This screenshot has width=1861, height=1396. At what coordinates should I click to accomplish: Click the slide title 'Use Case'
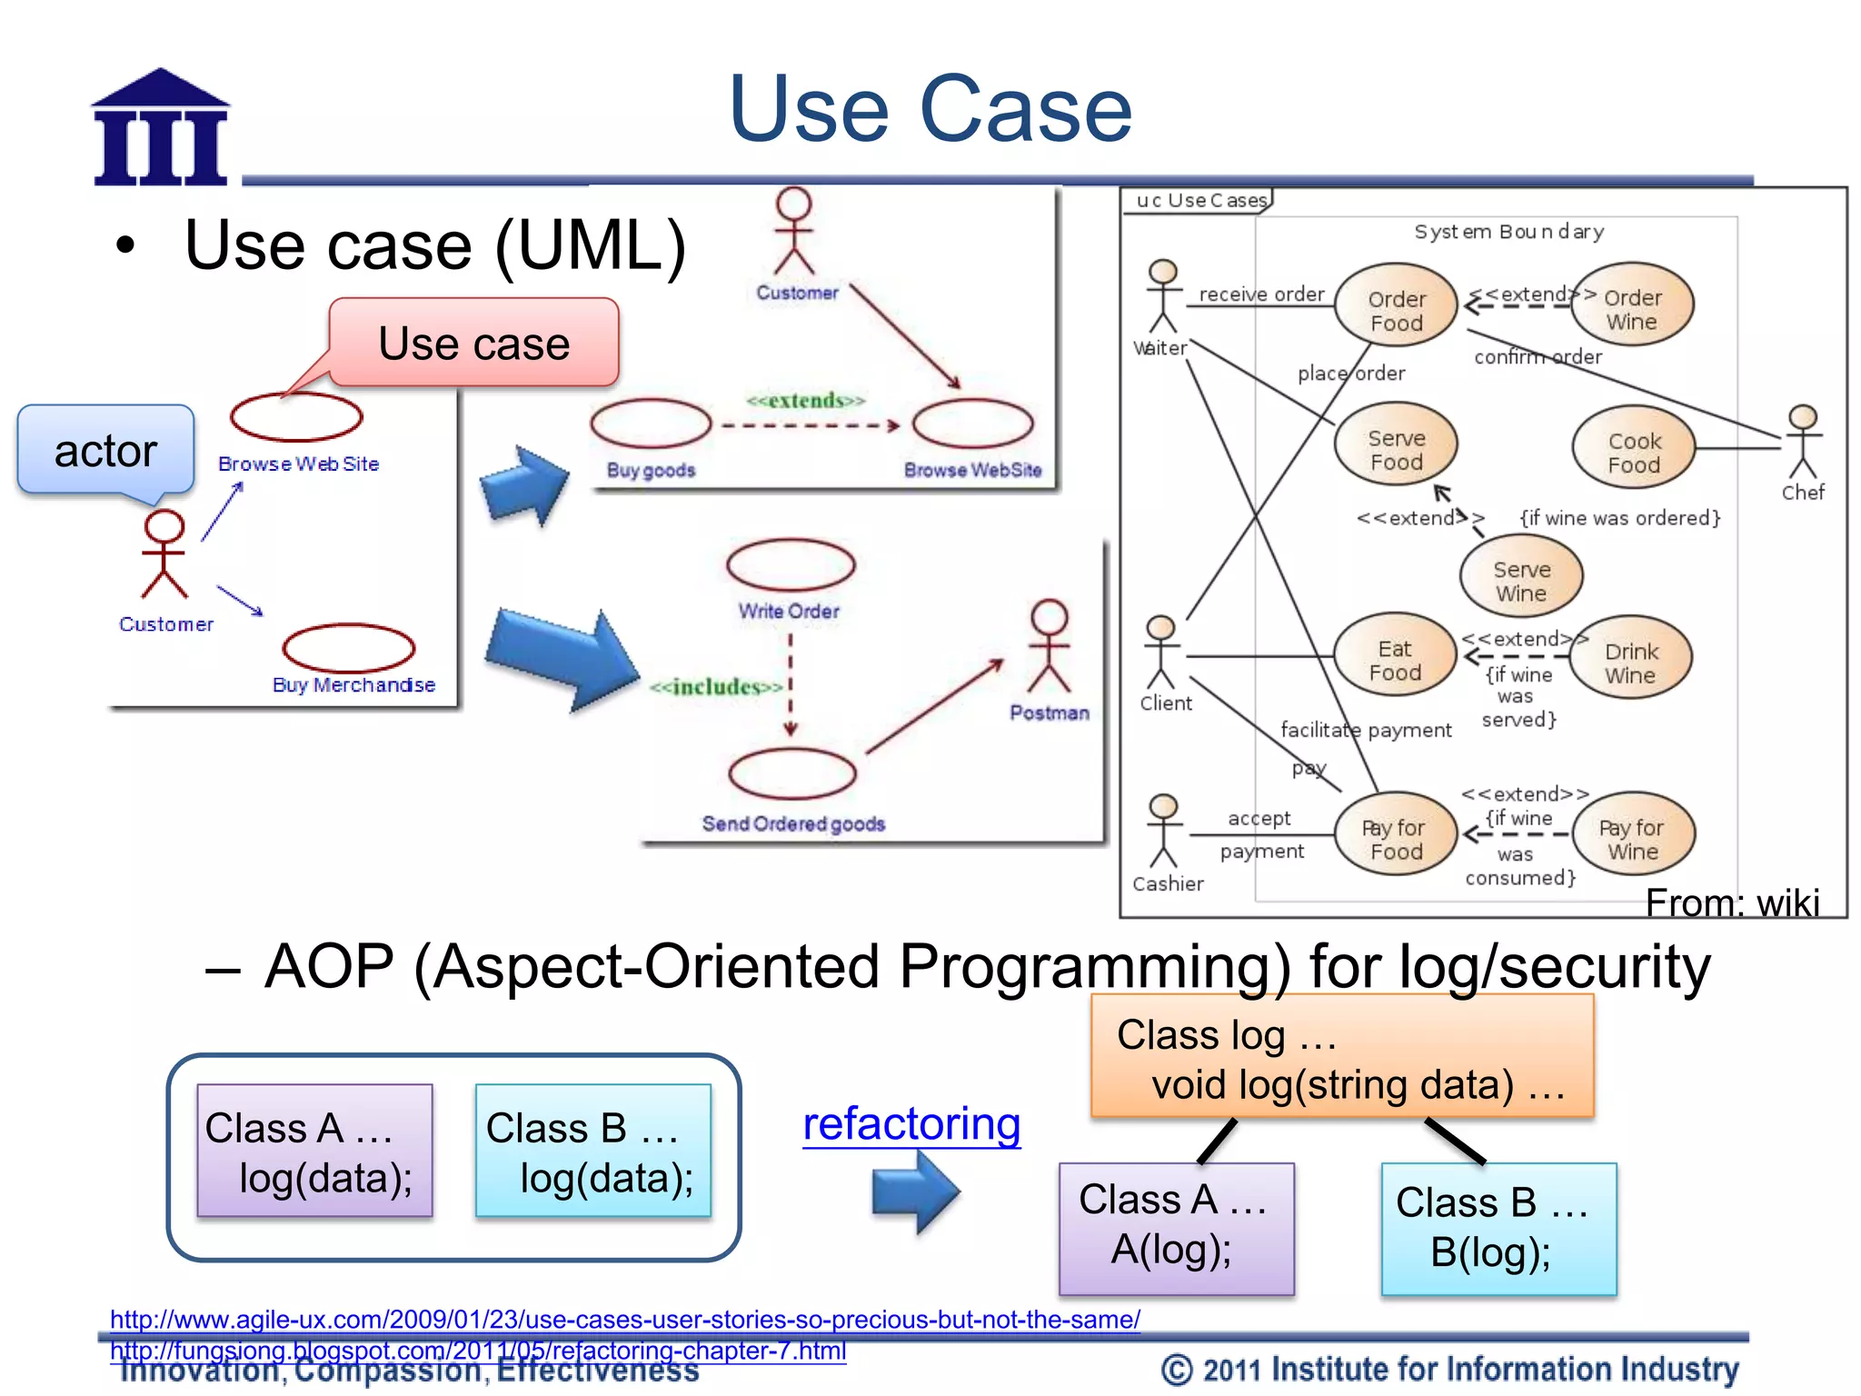(930, 109)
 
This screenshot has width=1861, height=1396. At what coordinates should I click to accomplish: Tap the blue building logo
(161, 129)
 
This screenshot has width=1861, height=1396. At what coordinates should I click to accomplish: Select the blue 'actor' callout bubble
(105, 451)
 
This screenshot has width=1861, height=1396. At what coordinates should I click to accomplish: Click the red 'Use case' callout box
(473, 344)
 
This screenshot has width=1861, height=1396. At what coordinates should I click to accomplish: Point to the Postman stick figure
(1049, 646)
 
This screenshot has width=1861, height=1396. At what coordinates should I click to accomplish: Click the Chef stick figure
(1802, 443)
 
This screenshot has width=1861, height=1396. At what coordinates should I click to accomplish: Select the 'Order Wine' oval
(1631, 309)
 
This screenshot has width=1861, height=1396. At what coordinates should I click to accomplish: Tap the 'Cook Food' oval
(1633, 452)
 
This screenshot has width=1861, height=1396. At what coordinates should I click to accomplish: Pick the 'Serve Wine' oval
(1520, 580)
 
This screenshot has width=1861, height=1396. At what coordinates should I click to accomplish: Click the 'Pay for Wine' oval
(1631, 838)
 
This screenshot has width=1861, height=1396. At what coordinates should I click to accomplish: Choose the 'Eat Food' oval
(1395, 660)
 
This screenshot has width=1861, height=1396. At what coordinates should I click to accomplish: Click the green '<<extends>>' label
(805, 401)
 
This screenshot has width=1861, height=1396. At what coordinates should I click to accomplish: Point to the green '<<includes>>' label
(716, 687)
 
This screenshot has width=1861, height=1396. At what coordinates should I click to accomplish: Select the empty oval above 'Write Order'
(790, 565)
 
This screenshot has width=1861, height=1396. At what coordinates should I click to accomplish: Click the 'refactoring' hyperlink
(911, 1123)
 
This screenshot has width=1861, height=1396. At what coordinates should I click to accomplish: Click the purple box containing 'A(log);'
(1176, 1228)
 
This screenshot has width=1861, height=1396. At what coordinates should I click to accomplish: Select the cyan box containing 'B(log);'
(1498, 1229)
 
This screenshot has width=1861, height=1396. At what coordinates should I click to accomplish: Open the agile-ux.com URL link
(624, 1319)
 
